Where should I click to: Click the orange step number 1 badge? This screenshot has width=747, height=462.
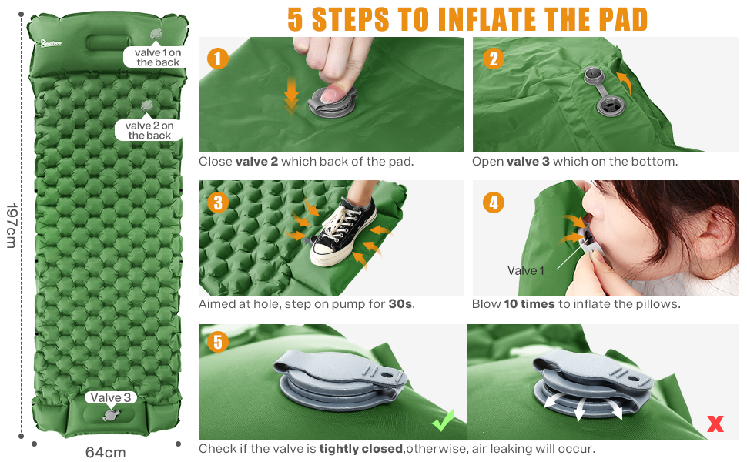pyautogui.click(x=218, y=59)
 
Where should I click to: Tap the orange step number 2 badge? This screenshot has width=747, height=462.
pyautogui.click(x=493, y=59)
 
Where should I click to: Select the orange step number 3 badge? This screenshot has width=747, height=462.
pyautogui.click(x=218, y=203)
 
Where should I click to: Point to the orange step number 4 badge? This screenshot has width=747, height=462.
pyautogui.click(x=493, y=203)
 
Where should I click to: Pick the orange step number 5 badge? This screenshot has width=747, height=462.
pyautogui.click(x=218, y=342)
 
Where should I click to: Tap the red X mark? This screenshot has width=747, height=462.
pyautogui.click(x=715, y=423)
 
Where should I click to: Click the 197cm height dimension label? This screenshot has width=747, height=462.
pyautogui.click(x=12, y=226)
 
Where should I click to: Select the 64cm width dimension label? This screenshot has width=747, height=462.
pyautogui.click(x=106, y=453)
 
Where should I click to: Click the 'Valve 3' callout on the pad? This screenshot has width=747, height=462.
pyautogui.click(x=111, y=397)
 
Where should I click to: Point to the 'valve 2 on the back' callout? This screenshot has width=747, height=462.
pyautogui.click(x=149, y=130)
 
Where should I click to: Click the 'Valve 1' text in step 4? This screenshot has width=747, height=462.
pyautogui.click(x=525, y=270)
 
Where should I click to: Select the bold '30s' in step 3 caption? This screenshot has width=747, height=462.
pyautogui.click(x=400, y=304)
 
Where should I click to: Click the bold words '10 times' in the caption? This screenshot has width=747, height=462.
pyautogui.click(x=529, y=304)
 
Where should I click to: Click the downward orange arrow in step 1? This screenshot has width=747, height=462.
pyautogui.click(x=291, y=95)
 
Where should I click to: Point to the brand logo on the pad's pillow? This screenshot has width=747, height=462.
pyautogui.click(x=51, y=43)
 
